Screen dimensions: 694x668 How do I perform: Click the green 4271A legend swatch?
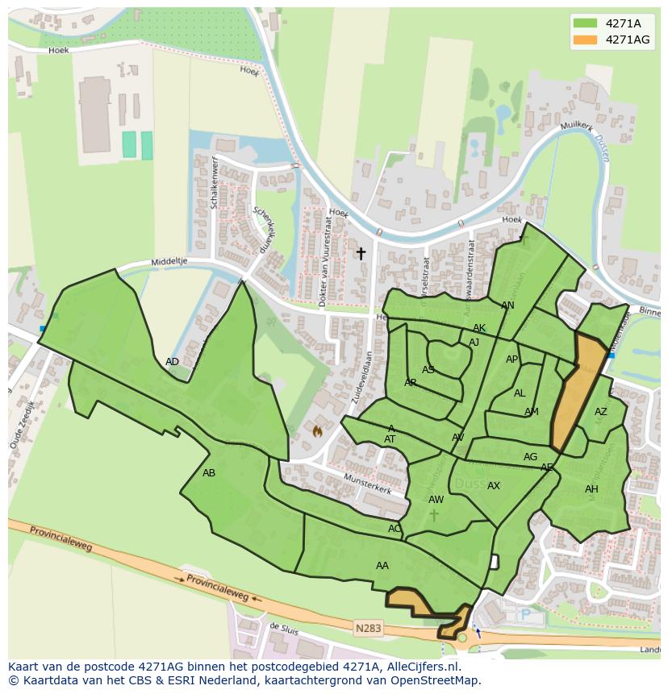pos(586,23)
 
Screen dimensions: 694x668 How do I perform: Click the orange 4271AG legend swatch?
pos(586,39)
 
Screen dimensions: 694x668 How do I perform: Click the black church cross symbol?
pos(361,253)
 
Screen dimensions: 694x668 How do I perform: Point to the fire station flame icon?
pos(318,431)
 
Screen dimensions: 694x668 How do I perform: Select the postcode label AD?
pos(172,362)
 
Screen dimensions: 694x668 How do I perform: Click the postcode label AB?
pos(209,473)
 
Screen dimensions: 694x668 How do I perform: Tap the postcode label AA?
pos(382,566)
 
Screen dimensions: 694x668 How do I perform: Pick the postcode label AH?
pos(591,489)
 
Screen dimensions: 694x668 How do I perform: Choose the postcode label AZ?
pos(600,412)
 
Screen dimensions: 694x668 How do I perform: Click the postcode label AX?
pos(494,486)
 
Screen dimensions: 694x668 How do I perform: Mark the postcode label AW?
pos(436,500)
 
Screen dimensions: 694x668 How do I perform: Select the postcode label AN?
pos(507,305)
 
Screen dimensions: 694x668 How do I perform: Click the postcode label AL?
pos(520,393)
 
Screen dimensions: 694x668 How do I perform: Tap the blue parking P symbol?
pos(526,614)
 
